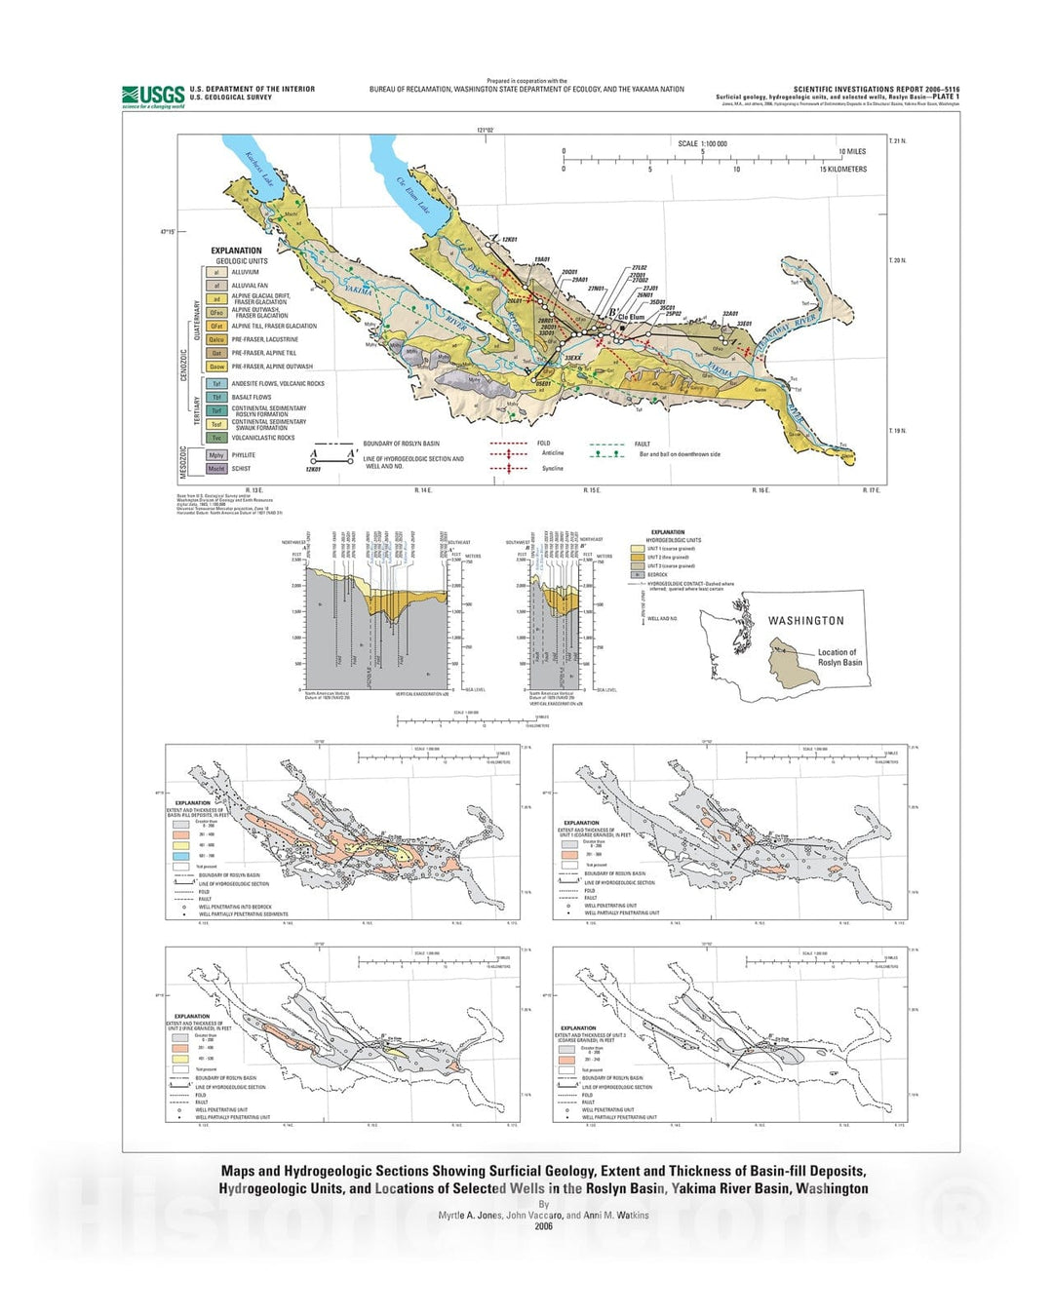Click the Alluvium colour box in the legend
[216, 273]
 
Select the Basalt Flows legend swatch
[216, 398]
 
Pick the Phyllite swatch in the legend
[216, 455]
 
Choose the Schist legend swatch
[216, 469]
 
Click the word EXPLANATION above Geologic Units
[237, 251]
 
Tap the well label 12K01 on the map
[509, 239]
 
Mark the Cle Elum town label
[631, 317]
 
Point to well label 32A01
[730, 314]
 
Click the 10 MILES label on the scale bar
[852, 152]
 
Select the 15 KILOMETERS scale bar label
[842, 170]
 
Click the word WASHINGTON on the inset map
[805, 621]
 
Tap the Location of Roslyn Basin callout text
[838, 658]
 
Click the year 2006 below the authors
[543, 1226]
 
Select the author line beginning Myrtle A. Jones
[543, 1216]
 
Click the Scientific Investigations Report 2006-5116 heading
[876, 90]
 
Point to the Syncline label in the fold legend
[553, 469]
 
